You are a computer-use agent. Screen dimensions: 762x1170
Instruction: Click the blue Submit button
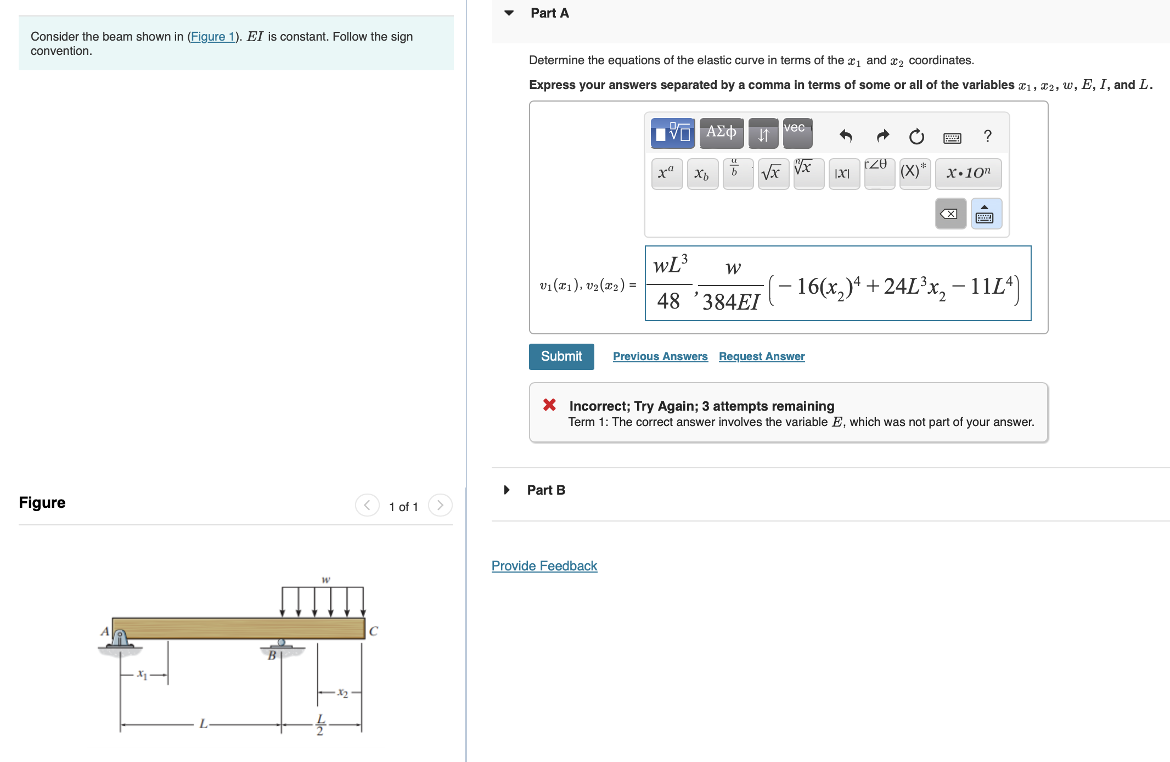[x=561, y=356]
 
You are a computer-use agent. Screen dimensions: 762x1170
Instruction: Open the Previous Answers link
[x=660, y=356]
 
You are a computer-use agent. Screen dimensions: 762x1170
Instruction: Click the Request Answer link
[x=761, y=356]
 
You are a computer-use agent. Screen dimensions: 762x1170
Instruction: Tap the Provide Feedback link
[x=544, y=565]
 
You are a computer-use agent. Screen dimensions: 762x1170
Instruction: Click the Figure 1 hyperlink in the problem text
[x=212, y=37]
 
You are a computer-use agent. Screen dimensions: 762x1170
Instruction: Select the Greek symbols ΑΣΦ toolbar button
[x=721, y=133]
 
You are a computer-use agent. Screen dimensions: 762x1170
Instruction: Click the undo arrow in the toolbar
[x=845, y=136]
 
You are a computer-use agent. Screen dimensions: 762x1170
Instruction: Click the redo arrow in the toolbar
[x=882, y=136]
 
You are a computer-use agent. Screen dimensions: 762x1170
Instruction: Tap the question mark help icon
[x=987, y=136]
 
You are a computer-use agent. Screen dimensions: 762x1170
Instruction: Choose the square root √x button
[x=773, y=173]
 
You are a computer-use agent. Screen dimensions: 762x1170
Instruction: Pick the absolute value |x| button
[x=843, y=173]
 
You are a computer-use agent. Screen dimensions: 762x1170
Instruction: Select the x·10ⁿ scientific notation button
[x=968, y=173]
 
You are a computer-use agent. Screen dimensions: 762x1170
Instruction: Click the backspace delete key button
[x=950, y=214]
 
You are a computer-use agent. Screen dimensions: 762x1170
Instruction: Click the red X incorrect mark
[x=549, y=405]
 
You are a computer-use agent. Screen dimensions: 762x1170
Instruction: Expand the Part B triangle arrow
[x=507, y=490]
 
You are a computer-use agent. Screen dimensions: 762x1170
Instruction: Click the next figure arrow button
[x=440, y=505]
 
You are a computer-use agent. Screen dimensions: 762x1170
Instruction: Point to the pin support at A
[x=120, y=640]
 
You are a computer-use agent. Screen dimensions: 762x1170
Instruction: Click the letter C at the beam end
[x=373, y=631]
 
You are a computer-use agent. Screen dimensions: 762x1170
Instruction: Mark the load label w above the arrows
[x=325, y=580]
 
